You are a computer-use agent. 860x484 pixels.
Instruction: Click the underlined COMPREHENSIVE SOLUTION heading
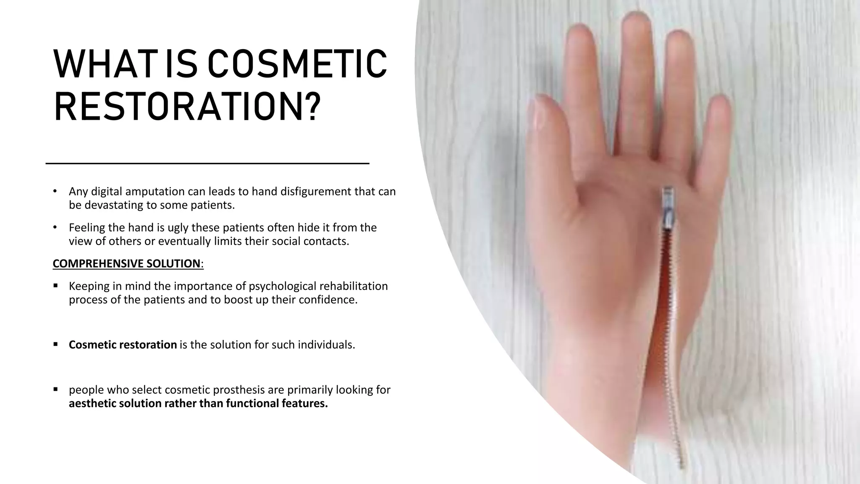(x=126, y=263)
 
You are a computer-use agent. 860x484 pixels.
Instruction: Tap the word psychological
(x=283, y=286)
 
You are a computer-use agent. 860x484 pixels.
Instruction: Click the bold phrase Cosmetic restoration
(x=123, y=345)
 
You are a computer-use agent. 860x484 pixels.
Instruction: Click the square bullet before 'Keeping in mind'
(x=55, y=286)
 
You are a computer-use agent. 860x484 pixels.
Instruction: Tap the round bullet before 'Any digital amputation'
(x=55, y=191)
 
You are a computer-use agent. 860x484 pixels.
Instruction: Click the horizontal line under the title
(x=207, y=163)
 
